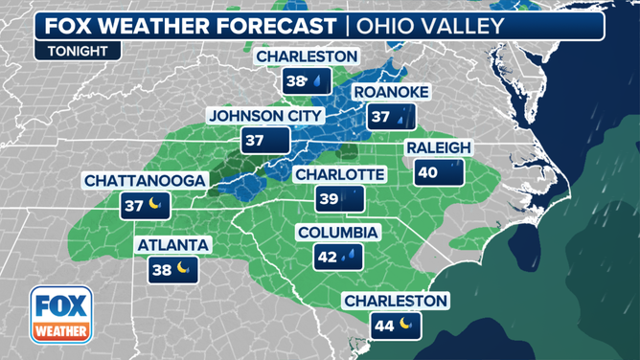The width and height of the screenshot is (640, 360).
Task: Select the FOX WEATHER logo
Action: coord(60,315)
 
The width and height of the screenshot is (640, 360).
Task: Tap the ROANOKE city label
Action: coord(392,92)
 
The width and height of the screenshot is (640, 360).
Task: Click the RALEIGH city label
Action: coord(439,148)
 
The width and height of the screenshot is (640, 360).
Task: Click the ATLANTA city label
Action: coord(172,245)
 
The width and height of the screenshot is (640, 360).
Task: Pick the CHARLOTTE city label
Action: coord(340,174)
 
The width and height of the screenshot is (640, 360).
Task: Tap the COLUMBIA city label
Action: coord(338,233)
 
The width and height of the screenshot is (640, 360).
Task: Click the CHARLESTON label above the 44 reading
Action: coord(396,301)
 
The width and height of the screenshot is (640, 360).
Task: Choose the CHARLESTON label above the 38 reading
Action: coord(307,57)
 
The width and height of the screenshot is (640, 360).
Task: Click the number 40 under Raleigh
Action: coord(426,173)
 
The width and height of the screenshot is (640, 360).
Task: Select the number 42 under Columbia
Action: coord(327,257)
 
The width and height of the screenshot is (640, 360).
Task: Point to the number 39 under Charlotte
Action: coord(328,199)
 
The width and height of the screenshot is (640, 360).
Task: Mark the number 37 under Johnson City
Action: coord(254,141)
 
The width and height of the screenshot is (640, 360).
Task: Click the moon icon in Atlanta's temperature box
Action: coord(184,269)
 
